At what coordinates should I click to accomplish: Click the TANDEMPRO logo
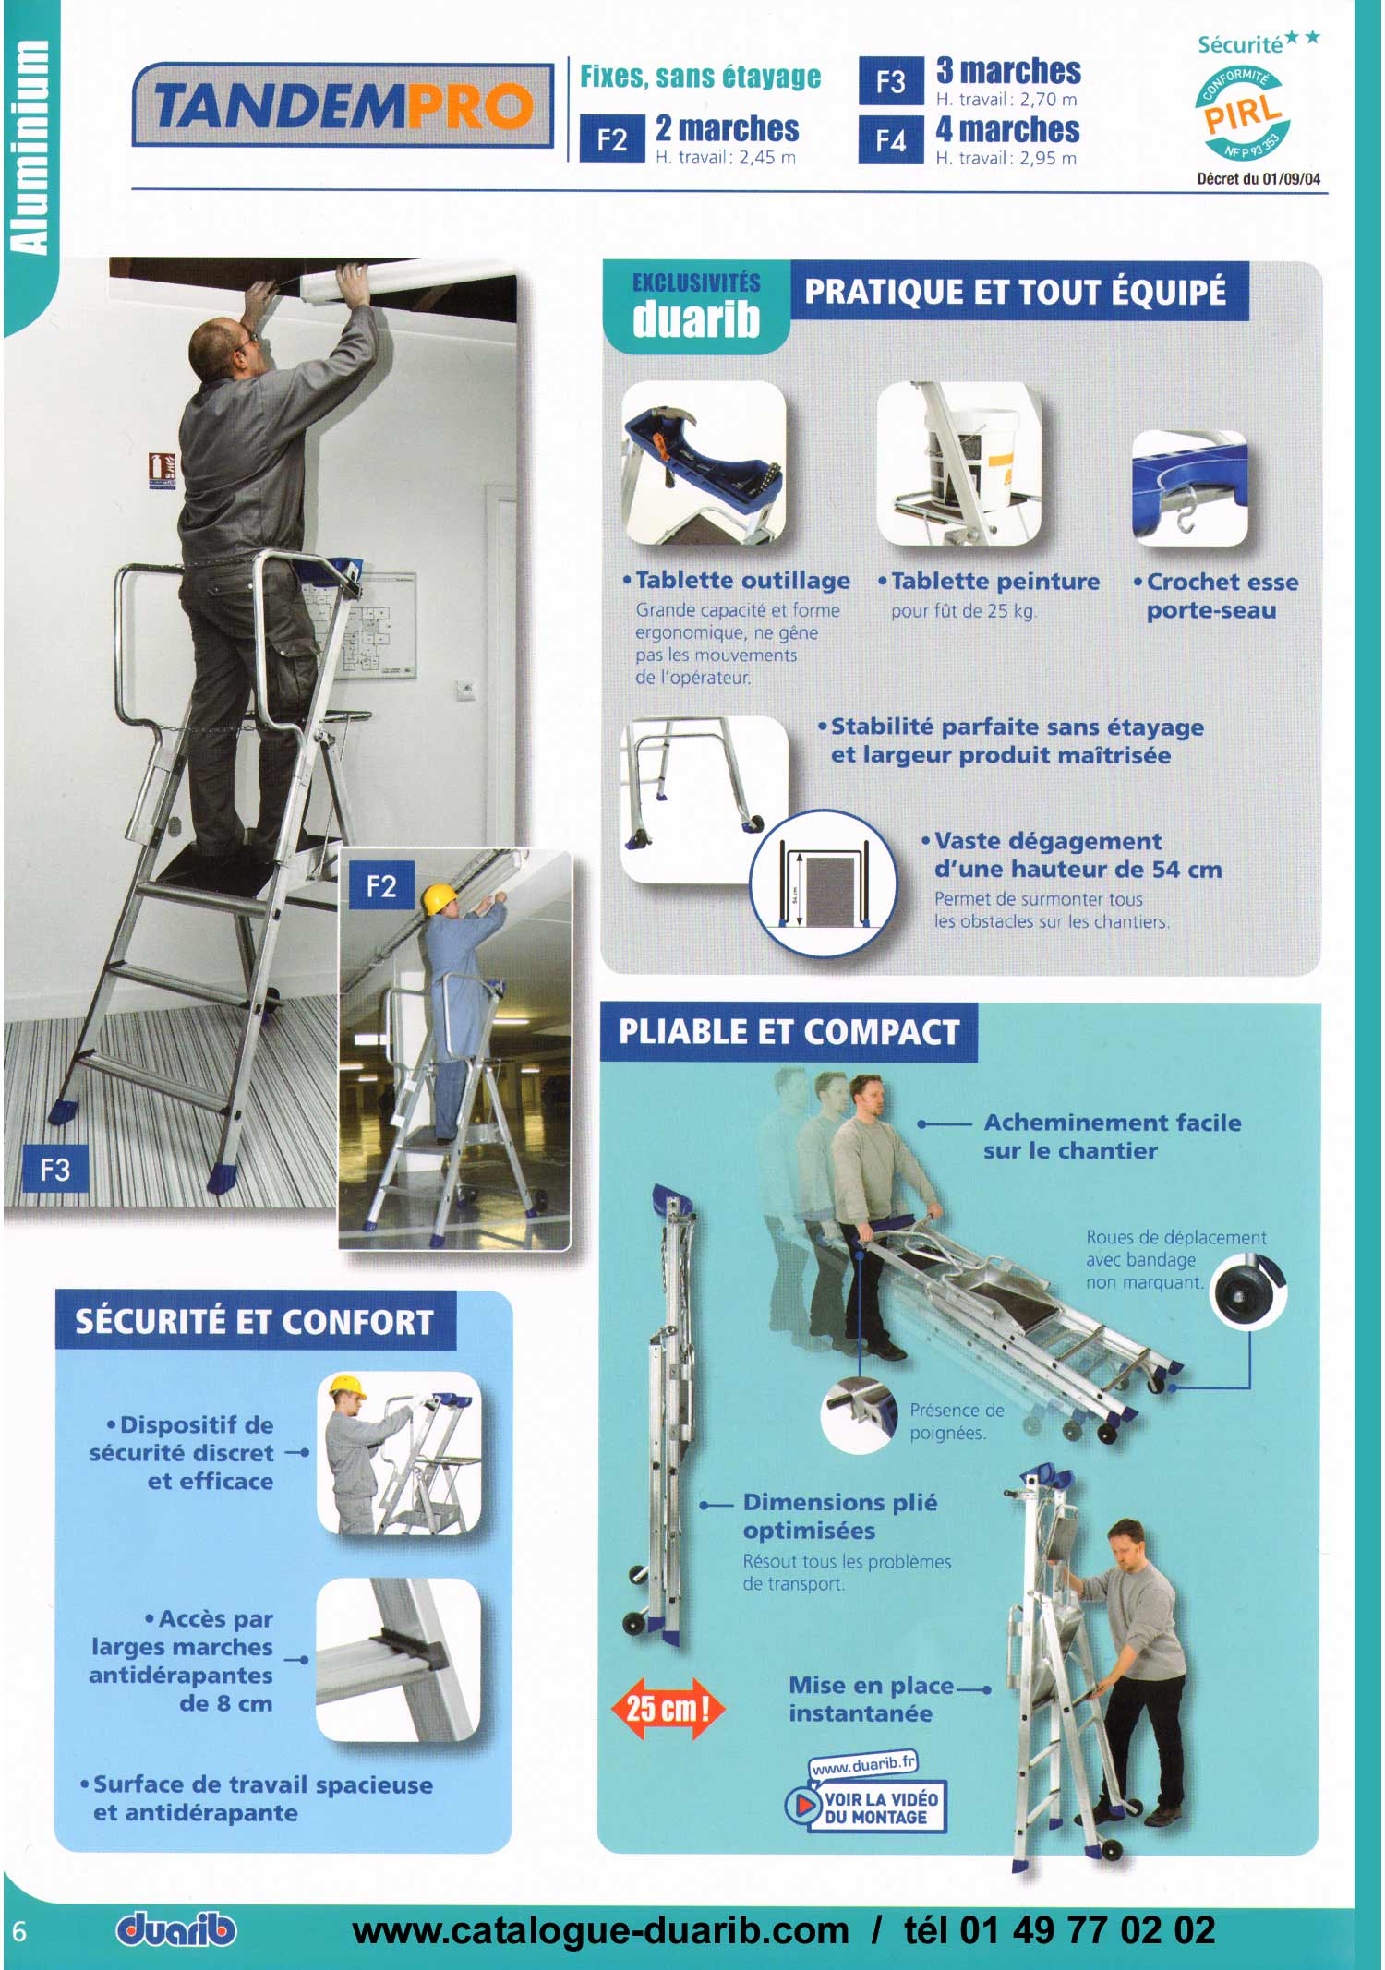[x=343, y=105]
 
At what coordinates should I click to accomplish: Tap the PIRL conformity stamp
[x=1244, y=113]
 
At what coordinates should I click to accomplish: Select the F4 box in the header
[x=890, y=140]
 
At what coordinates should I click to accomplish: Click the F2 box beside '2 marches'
[x=611, y=139]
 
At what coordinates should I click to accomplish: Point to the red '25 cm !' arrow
[x=668, y=1708]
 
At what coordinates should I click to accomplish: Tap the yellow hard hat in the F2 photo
[x=440, y=898]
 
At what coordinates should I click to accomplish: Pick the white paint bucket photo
[x=958, y=463]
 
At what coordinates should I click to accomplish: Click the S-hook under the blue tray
[x=1186, y=511]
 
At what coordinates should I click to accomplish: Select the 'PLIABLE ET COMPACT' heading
[x=789, y=1032]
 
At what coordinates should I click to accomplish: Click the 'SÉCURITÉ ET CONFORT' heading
[x=255, y=1321]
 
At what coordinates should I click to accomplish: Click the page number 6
[x=19, y=1931]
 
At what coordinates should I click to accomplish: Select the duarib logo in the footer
[x=176, y=1929]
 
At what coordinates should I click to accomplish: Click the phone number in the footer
[x=1060, y=1930]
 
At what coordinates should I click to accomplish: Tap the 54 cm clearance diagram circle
[x=823, y=883]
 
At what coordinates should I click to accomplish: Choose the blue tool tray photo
[x=704, y=463]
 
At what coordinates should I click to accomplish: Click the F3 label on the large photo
[x=54, y=1170]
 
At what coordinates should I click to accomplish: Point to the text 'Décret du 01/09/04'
[x=1259, y=179]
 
